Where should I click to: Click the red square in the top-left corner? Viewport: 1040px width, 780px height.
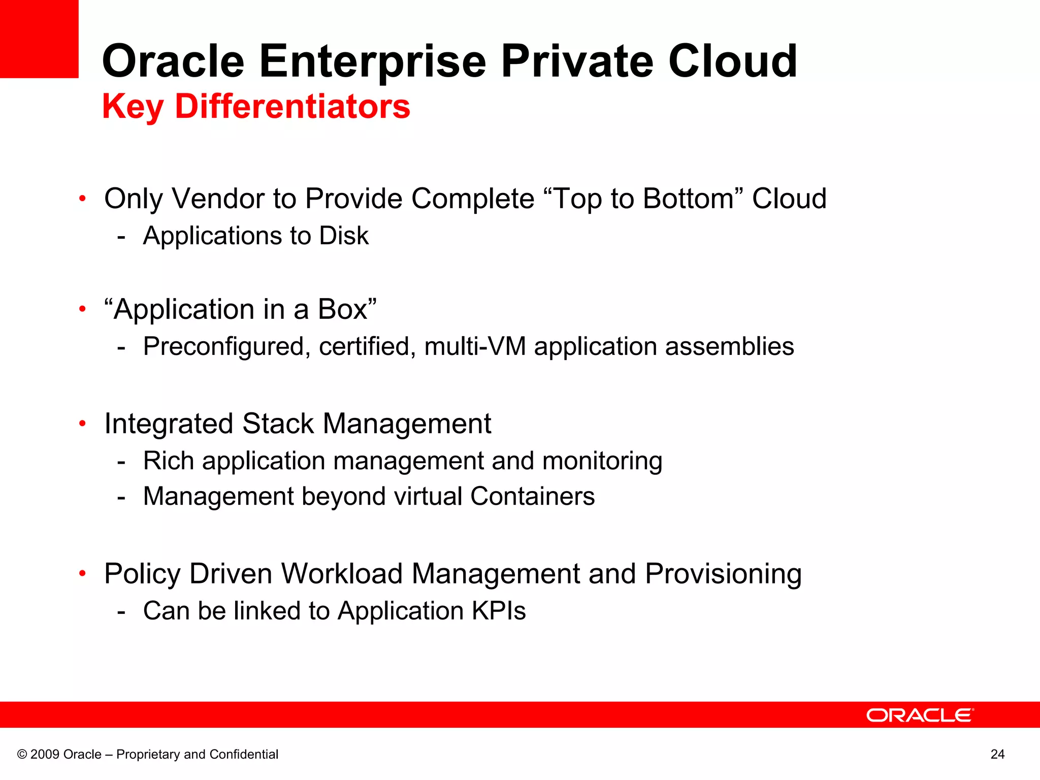(x=39, y=39)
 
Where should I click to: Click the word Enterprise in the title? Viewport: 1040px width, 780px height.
(x=373, y=62)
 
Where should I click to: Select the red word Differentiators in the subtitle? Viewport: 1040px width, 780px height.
(x=292, y=107)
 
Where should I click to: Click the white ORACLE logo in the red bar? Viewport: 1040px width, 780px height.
(x=920, y=715)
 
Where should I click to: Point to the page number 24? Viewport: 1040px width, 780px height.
(x=997, y=754)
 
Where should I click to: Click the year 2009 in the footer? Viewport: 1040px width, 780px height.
(x=45, y=754)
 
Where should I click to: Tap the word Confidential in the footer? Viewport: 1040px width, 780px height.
(x=244, y=754)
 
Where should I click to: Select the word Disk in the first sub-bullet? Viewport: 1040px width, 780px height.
(x=343, y=236)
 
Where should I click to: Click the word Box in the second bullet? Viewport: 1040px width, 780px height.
(x=342, y=309)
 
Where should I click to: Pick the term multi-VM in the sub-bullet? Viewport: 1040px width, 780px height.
(x=475, y=346)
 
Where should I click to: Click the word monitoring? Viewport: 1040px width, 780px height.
(x=602, y=461)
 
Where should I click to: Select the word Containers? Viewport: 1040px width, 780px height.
(x=532, y=496)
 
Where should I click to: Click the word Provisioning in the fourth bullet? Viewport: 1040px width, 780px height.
(x=723, y=574)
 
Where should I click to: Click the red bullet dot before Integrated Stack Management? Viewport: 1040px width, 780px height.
(x=82, y=423)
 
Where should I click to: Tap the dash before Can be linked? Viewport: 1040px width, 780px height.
(x=121, y=611)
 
